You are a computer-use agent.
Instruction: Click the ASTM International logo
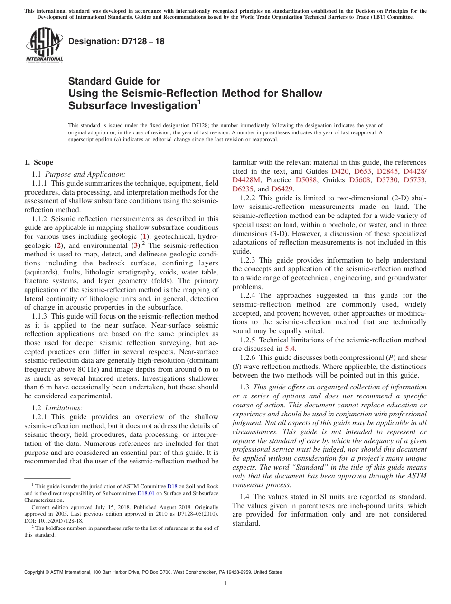[44, 45]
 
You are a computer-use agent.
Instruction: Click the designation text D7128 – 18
[116, 41]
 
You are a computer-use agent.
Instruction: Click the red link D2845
[387, 171]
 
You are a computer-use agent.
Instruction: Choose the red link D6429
[282, 189]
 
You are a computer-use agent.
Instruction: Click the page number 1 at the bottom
[225, 584]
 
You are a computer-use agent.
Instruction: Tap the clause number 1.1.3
[40, 316]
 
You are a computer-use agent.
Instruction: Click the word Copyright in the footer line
[36, 572]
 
